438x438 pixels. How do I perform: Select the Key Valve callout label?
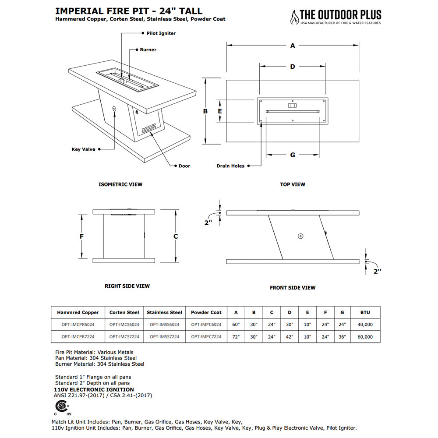tap(83, 149)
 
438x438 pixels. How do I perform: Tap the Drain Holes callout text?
tap(230, 166)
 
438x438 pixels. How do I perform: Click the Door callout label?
tap(184, 166)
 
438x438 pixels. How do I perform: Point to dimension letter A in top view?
tap(293, 45)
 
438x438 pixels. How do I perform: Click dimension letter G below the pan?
tap(293, 155)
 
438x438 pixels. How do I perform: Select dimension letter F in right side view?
tap(81, 236)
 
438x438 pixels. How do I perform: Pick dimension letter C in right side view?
tap(176, 236)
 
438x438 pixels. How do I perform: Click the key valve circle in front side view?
tap(300, 236)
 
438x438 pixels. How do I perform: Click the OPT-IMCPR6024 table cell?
tap(78, 325)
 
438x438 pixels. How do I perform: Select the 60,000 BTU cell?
tap(365, 337)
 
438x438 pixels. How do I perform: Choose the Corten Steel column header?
tap(124, 312)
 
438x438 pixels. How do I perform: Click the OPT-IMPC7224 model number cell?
tap(206, 337)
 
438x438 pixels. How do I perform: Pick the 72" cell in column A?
tap(236, 337)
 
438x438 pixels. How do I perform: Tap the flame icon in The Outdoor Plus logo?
tap(293, 17)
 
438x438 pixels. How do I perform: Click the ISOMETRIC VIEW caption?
tap(120, 184)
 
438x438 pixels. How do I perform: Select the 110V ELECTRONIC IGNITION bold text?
tap(94, 389)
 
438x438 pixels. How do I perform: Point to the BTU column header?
tap(365, 312)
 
